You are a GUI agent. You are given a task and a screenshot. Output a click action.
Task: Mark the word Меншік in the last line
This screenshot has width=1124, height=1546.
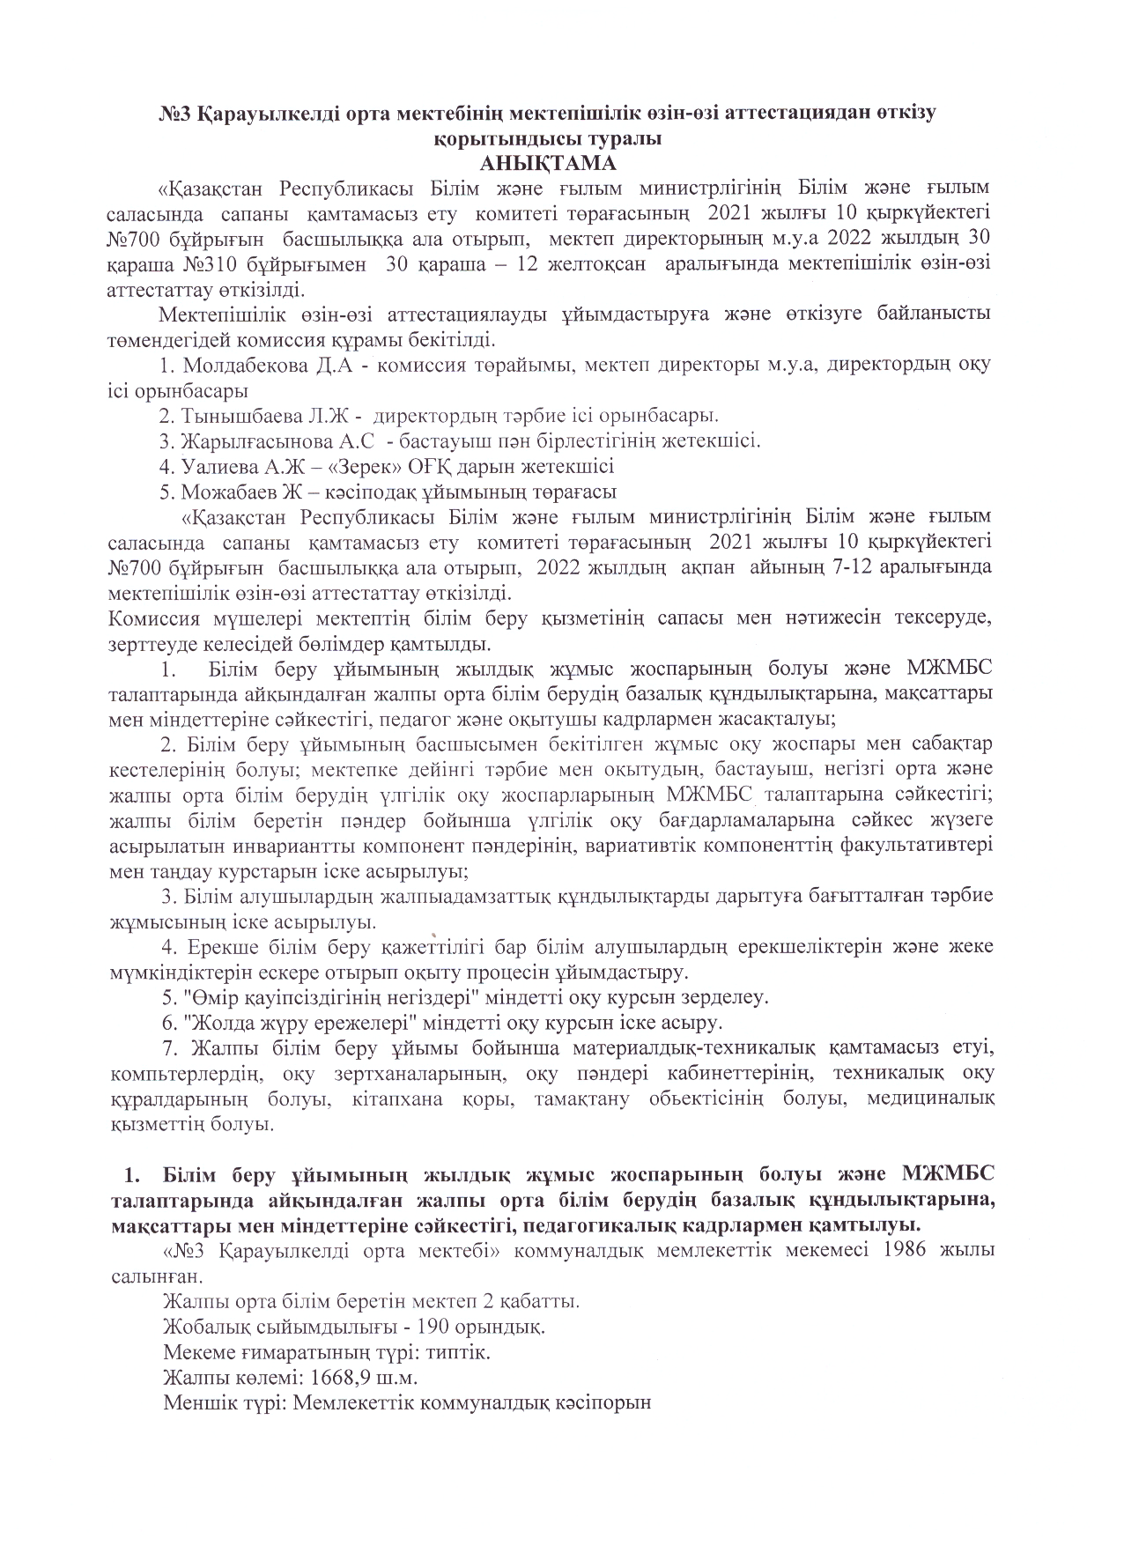[195, 1402]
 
